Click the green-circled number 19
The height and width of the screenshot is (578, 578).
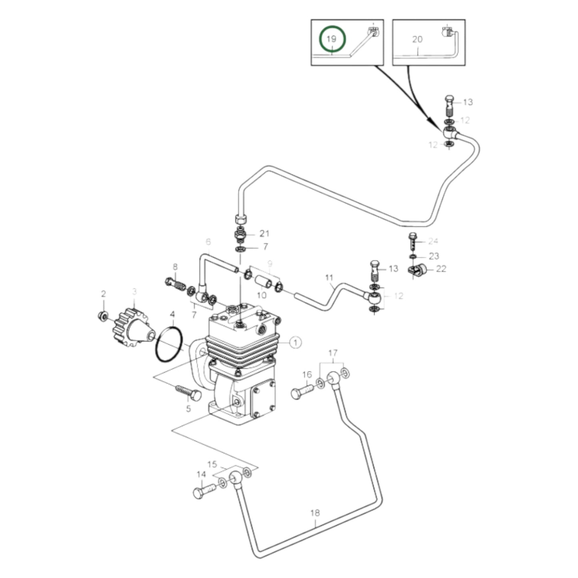tap(332, 39)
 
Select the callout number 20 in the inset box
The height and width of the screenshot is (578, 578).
tap(417, 39)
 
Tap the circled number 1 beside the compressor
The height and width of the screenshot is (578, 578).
tap(295, 342)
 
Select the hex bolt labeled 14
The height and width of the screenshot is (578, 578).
tap(204, 491)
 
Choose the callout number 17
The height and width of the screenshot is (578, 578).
tap(333, 353)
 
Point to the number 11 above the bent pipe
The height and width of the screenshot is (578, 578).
tap(329, 277)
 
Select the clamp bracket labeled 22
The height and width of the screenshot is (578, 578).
tap(417, 271)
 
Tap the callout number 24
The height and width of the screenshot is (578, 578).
tap(433, 241)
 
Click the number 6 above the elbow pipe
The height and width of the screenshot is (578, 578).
tap(208, 242)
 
